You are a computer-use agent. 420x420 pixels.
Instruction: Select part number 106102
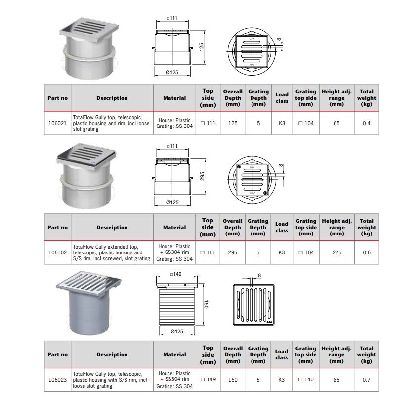pos(58,252)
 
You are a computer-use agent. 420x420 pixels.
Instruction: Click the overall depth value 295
pos(232,252)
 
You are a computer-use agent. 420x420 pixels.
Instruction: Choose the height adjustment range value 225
pos(336,252)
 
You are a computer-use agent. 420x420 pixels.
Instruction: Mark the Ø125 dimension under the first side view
pos(171,72)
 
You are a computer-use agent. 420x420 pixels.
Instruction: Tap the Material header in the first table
pos(174,98)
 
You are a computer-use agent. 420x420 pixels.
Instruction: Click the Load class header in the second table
pos(282,227)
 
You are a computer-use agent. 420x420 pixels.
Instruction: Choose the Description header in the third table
pos(112,354)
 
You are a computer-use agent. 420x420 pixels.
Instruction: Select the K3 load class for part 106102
pos(282,252)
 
